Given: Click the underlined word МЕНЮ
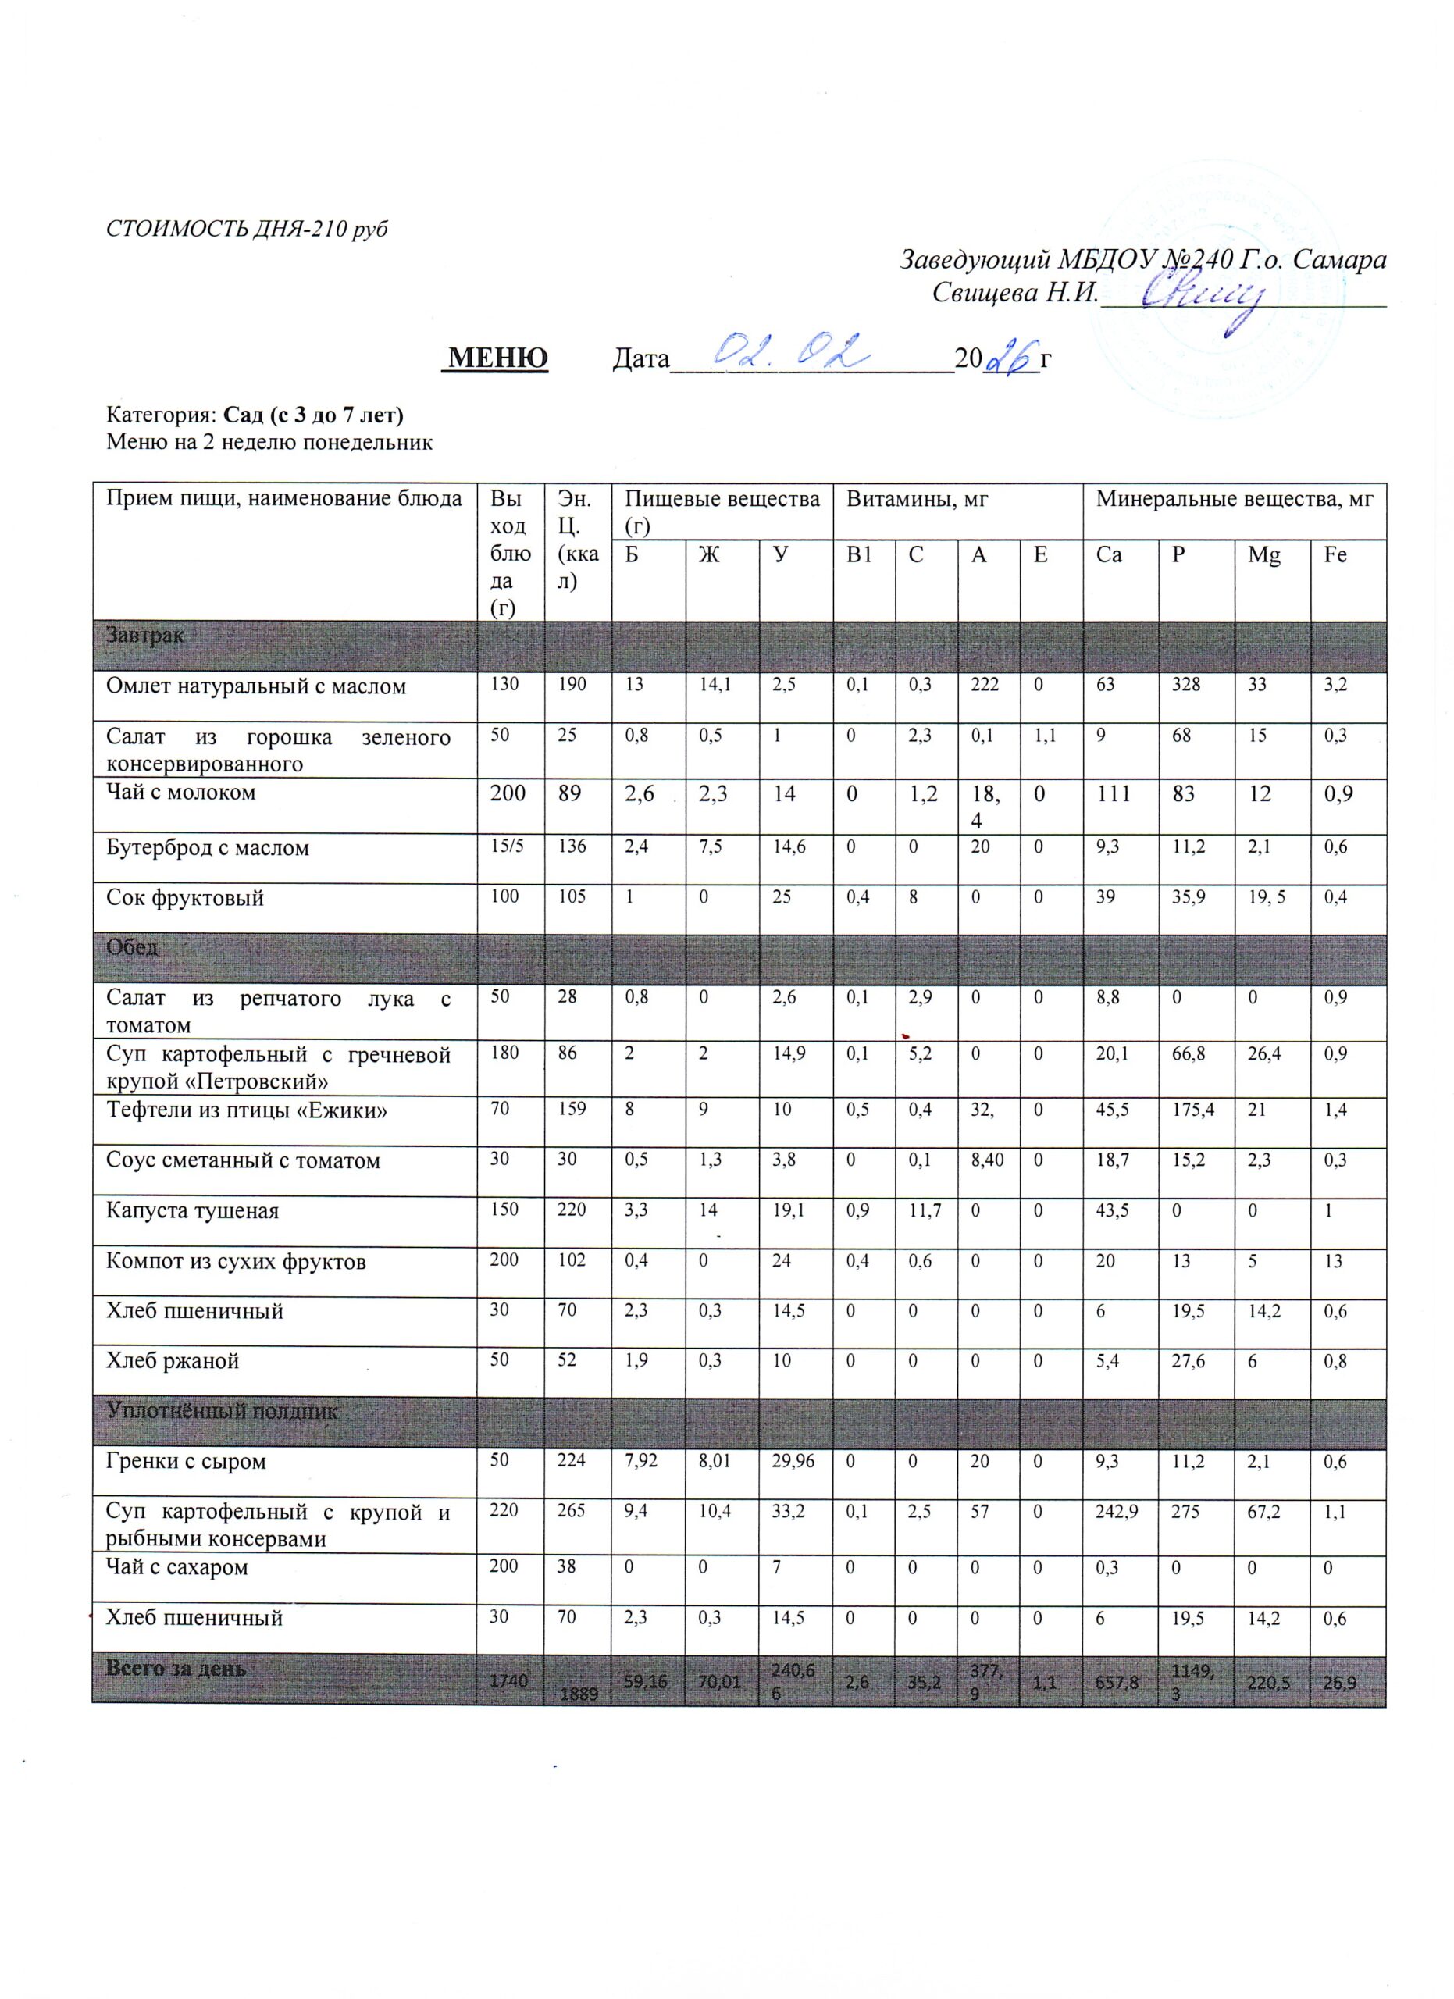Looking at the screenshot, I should coord(498,358).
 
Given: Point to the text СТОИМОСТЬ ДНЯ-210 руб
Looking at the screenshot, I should coord(247,229).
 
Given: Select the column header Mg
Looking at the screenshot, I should coord(1263,555).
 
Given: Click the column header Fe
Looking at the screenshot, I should coord(1335,555).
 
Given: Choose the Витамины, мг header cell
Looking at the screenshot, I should coord(917,500).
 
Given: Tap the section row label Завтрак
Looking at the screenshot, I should coord(144,635).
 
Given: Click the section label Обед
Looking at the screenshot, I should coord(132,947).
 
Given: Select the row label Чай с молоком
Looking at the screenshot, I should coord(180,793).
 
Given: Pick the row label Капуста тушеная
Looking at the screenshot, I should coord(192,1210).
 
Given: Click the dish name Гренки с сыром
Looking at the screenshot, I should coord(186,1460).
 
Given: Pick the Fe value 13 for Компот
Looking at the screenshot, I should coord(1332,1260).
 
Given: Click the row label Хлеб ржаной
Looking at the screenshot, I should coord(173,1361).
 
